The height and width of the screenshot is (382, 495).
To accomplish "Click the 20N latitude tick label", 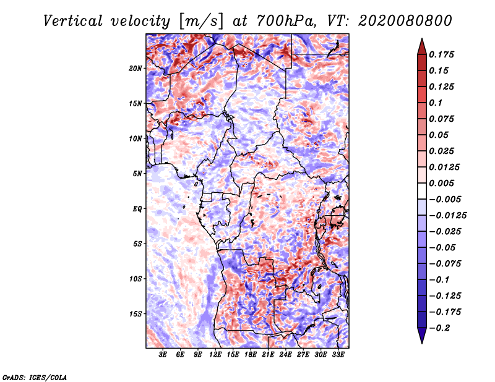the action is coord(136,69).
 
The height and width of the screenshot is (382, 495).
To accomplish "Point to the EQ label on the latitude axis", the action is coord(137,209).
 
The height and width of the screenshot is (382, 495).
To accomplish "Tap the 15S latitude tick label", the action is coord(136,314).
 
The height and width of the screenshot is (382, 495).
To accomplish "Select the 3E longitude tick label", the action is coord(163,355).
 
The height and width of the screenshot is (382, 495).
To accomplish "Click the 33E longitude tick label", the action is coord(338,355).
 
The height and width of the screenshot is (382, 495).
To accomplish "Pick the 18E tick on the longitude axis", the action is coord(251,355).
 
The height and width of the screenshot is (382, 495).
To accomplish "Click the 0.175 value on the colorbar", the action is coord(441,54).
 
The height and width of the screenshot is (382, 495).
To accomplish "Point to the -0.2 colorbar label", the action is coord(439,328).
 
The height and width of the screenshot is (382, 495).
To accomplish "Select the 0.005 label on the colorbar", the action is coord(441,183).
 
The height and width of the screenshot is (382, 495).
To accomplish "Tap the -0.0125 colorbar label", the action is coord(447,216).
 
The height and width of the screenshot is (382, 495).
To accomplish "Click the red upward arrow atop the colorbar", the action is coord(422,47).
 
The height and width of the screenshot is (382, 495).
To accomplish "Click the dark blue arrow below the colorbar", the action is coord(422,336).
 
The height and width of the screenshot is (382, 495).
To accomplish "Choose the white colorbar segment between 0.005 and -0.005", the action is coord(422,191).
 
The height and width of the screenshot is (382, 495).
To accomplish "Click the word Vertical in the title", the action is coord(73,21).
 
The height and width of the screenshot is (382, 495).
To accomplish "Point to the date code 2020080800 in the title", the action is coord(405,21).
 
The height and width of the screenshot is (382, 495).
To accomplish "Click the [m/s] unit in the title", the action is coord(200,22).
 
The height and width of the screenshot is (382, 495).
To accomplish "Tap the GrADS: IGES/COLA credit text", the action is coord(35,378).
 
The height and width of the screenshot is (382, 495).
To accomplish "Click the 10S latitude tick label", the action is coord(136,279).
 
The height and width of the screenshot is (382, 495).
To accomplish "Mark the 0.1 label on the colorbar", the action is coord(436,103).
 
